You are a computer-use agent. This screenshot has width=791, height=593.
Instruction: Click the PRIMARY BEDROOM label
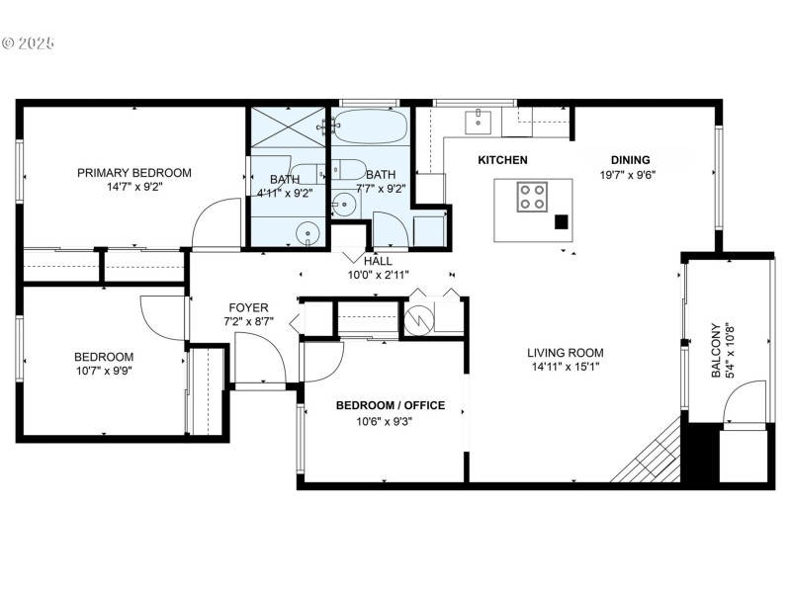(x=134, y=173)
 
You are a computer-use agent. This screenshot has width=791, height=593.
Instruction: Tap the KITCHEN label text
(x=502, y=160)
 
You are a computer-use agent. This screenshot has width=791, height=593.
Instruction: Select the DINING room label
(x=629, y=160)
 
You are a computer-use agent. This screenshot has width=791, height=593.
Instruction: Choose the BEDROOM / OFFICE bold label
(x=390, y=405)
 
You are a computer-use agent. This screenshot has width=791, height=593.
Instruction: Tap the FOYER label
(x=248, y=307)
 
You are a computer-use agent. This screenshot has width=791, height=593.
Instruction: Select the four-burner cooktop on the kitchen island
(x=532, y=196)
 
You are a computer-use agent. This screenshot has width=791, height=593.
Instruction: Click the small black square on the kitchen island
(x=561, y=222)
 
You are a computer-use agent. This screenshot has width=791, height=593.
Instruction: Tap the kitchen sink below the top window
(x=479, y=121)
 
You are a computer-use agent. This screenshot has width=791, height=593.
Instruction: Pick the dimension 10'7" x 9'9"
(x=104, y=372)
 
